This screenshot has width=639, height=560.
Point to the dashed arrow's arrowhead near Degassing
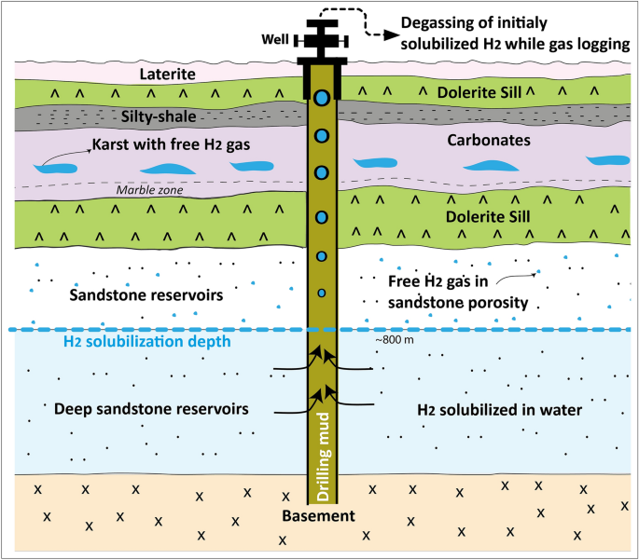coord(383,30)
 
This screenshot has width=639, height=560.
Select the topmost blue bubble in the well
coord(322,98)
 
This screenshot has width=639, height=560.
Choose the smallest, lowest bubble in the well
coord(322,294)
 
